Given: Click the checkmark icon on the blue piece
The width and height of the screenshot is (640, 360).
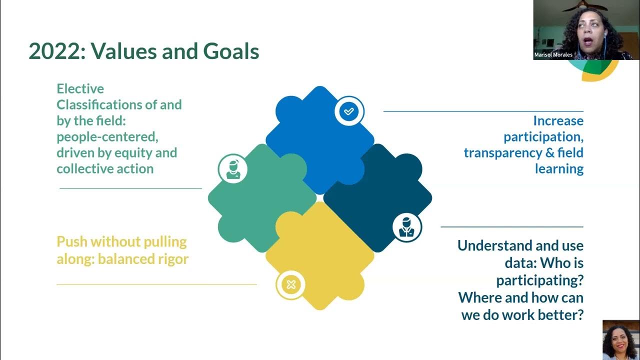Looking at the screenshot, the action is (x=349, y=111).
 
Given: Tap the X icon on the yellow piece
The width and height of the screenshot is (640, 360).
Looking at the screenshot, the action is (x=291, y=284).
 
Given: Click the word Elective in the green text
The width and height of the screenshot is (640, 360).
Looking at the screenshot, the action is (x=80, y=88).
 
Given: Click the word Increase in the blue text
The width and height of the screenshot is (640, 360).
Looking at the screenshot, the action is (x=558, y=120).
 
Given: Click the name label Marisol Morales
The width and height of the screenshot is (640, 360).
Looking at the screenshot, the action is (x=553, y=54).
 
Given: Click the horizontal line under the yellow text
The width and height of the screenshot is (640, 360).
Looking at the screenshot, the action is (x=156, y=284).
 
